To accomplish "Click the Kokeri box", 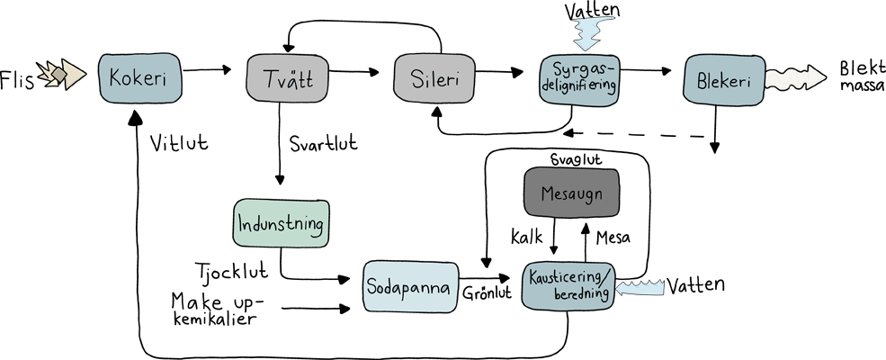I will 139,77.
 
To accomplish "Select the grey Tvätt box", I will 286,78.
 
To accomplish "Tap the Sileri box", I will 434,78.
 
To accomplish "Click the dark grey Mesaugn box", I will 571,193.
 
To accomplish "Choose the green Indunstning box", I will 281,223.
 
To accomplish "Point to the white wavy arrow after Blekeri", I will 795,78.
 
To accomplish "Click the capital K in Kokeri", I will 114,77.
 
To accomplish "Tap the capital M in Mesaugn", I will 548,193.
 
